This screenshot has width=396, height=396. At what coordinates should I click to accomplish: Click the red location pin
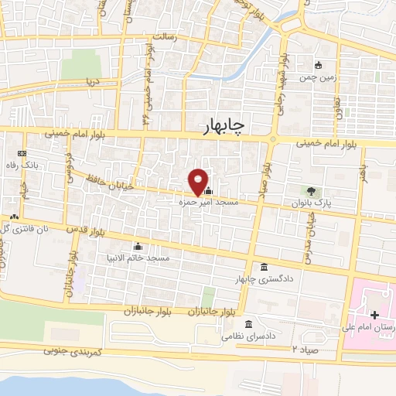(x=199, y=181)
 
